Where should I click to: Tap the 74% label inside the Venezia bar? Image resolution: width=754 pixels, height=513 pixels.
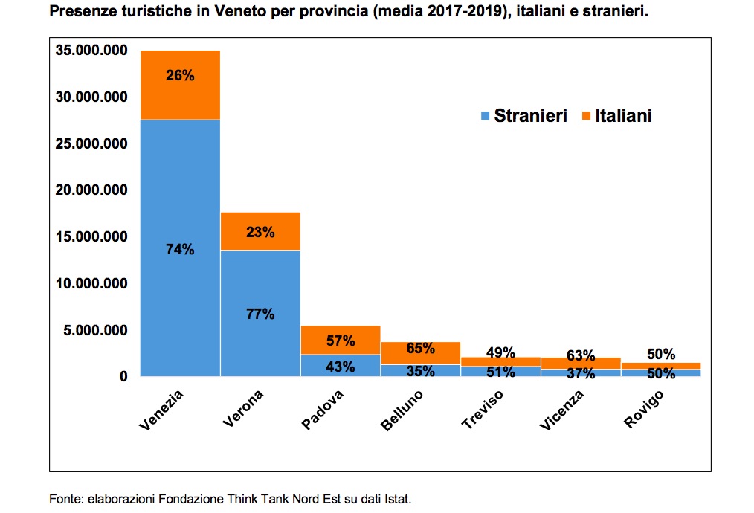point(180,250)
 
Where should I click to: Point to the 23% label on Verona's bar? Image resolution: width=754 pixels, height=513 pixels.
point(260,232)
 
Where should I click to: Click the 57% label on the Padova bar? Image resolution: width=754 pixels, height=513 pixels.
point(341,341)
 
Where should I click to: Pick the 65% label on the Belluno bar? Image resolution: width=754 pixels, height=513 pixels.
point(421,347)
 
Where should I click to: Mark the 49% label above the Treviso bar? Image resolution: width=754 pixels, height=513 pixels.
point(501,352)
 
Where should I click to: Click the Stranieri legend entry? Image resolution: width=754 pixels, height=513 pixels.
point(524,116)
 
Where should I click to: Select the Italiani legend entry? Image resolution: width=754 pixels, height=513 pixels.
point(617,116)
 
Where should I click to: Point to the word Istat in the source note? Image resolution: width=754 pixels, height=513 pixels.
point(397,497)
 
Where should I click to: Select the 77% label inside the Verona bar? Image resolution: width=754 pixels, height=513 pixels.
point(260,314)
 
